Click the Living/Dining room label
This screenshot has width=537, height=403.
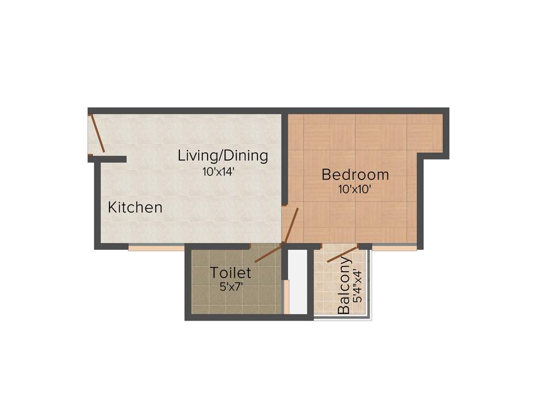click(x=223, y=156)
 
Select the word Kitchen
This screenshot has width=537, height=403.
click(x=135, y=207)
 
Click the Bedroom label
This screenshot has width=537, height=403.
click(x=356, y=174)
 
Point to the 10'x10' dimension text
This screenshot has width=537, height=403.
click(x=355, y=189)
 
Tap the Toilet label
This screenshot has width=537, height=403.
click(x=231, y=273)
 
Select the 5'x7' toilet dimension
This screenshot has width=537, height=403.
click(x=231, y=287)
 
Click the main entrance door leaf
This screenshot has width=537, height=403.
click(x=98, y=133)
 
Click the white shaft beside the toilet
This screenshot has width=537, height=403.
click(x=298, y=281)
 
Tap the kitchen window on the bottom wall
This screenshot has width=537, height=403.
click(x=156, y=247)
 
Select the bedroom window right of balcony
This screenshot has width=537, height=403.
click(x=394, y=247)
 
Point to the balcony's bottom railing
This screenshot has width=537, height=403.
click(x=342, y=318)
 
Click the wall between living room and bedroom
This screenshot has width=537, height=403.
click(x=285, y=157)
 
